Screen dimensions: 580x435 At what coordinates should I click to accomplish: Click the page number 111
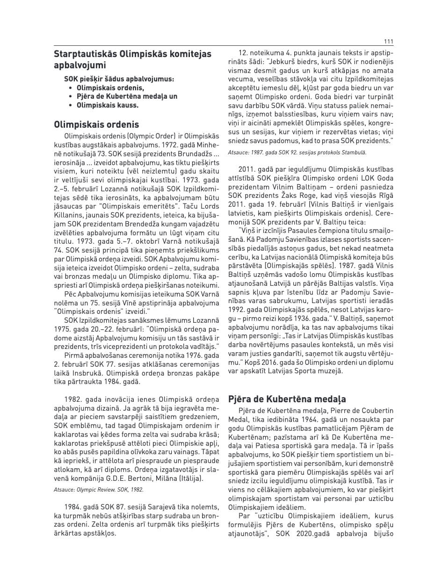(387, 41)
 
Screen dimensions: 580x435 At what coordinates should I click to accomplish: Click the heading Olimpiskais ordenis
(96, 124)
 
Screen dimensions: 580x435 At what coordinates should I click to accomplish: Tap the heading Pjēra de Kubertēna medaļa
(287, 399)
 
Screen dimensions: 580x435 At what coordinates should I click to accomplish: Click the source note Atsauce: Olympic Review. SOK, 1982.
(99, 489)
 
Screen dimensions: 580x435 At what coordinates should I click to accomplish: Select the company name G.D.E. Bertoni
(125, 478)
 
